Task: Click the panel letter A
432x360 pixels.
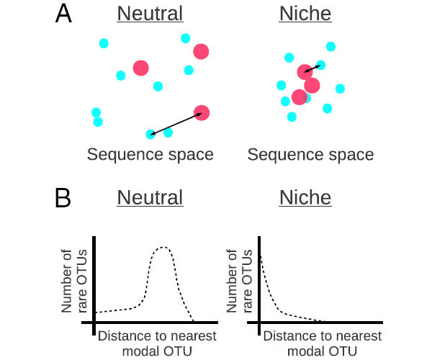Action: pos(64,14)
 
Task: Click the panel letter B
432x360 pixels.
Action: pos(64,198)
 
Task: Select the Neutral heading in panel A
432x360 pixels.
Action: pos(150,14)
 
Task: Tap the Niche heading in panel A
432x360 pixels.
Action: pos(305,14)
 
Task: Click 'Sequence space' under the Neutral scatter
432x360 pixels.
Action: pos(150,154)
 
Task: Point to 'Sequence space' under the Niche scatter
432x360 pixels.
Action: pos(310,154)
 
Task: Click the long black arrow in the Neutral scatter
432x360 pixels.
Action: pos(176,123)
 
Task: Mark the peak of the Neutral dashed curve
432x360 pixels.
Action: pos(163,248)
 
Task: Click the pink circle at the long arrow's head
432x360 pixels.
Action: pos(202,113)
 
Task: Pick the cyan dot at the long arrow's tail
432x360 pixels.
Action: pos(150,134)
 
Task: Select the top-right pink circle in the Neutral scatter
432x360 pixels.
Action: pos(201,51)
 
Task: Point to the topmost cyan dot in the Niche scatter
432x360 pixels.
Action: pos(330,47)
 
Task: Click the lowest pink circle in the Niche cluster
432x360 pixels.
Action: pos(300,97)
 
